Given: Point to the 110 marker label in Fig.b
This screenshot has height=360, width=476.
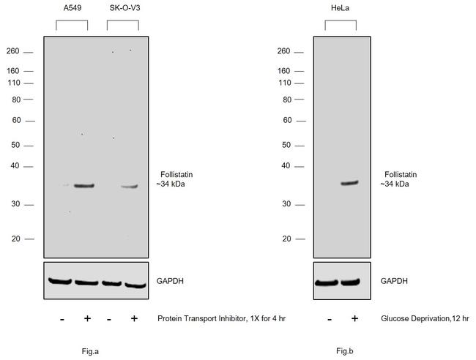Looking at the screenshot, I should click(285, 83).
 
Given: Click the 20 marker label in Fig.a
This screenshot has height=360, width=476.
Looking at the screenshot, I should click(16, 239).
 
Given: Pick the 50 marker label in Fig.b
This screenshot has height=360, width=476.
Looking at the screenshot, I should click(287, 145).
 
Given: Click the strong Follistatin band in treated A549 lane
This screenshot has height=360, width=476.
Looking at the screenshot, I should click(84, 186).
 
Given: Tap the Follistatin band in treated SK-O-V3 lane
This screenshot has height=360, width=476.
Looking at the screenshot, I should click(130, 187).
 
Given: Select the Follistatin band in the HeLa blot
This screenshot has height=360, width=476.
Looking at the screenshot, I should click(349, 183).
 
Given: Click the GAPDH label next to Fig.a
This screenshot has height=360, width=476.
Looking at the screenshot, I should click(171, 281).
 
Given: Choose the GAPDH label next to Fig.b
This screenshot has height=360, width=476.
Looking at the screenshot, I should click(395, 281).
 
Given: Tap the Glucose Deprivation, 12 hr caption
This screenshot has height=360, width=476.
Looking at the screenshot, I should click(425, 318).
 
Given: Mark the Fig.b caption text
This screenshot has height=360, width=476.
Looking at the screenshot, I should click(345, 351).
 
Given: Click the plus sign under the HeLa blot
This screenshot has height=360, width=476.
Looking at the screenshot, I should click(354, 318).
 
